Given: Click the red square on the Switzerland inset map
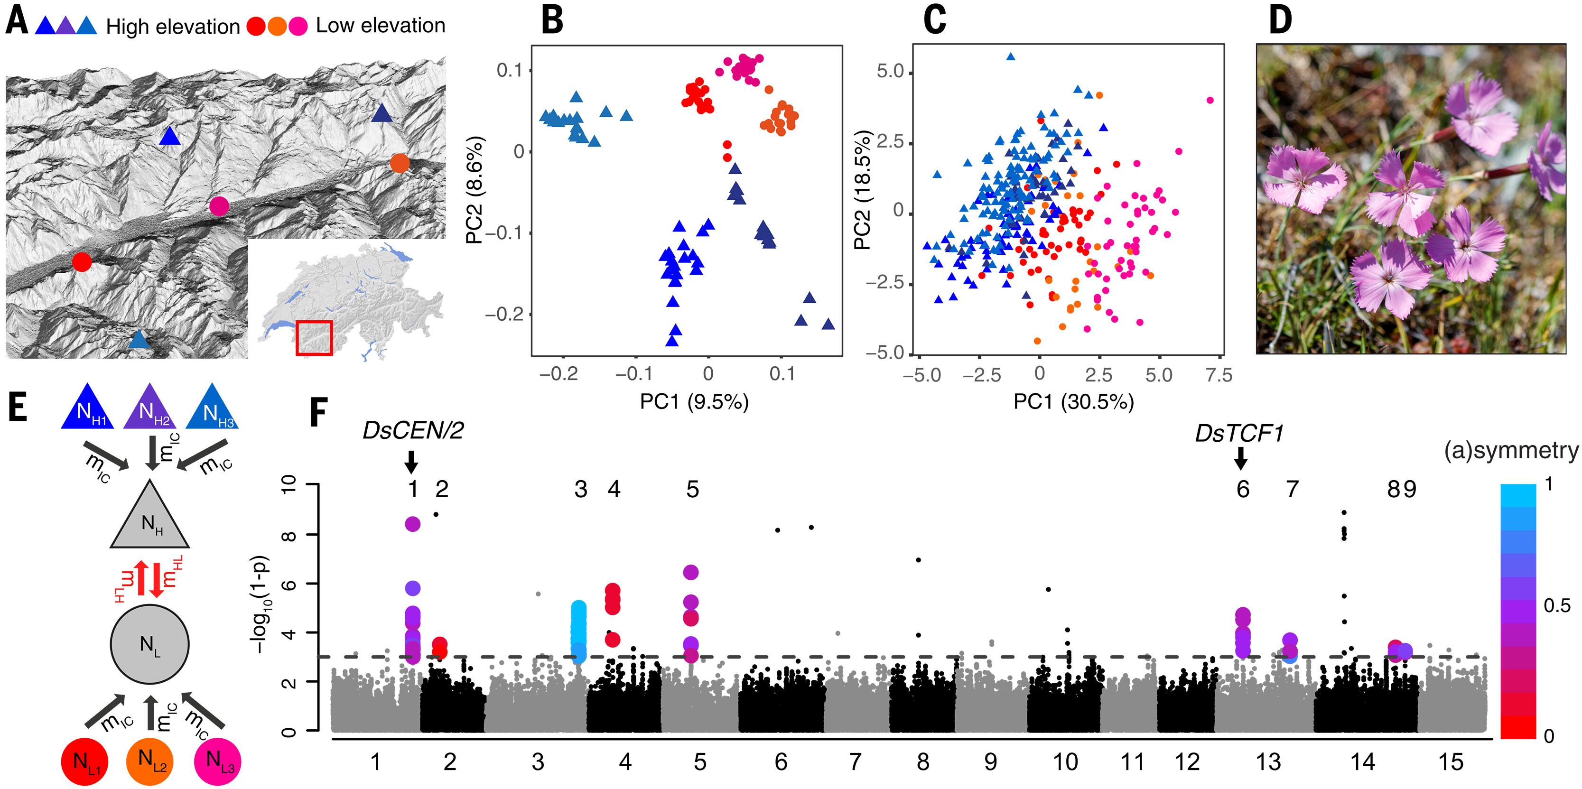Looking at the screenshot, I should coord(314,338).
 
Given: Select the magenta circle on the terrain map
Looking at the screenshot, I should coord(219,206).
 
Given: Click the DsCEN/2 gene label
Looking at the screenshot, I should coord(413,431).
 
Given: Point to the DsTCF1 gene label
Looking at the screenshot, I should coord(1239,434).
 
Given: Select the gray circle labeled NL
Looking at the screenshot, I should coord(150,644).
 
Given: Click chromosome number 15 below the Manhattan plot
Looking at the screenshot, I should coord(1451,762).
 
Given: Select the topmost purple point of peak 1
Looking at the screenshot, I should coord(413,524).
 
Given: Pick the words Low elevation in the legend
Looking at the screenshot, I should coord(380,26).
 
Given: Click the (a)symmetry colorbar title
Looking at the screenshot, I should coord(1511,450).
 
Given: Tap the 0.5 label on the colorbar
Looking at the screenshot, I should coord(1557,606).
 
